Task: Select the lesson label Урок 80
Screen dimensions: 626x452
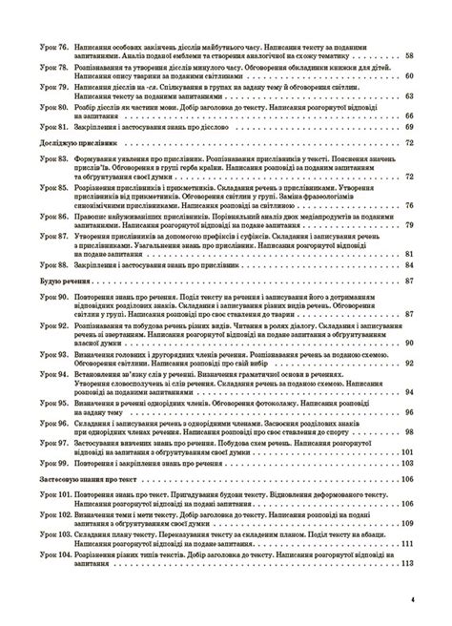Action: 45,110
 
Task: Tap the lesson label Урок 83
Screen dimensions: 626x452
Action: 45,162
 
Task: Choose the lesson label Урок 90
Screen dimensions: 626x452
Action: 45,299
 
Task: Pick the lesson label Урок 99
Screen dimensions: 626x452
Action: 45,462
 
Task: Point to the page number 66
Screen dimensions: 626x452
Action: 410,115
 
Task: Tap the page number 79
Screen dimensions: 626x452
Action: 410,224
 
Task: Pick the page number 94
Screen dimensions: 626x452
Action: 410,392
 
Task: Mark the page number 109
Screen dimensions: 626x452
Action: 408,523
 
